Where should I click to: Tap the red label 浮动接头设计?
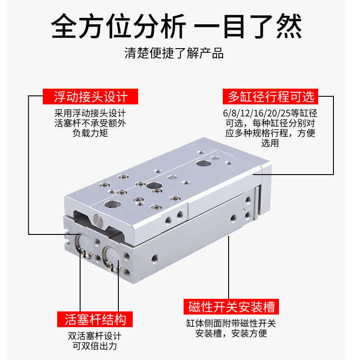pos(90,97)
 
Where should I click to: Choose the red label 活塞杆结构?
pos(95,319)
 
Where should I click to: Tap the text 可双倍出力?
pos(95,346)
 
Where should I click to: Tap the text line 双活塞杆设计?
pos(95,336)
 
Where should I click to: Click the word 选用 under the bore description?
pos(270,143)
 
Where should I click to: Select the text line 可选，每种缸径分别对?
pos(270,123)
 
